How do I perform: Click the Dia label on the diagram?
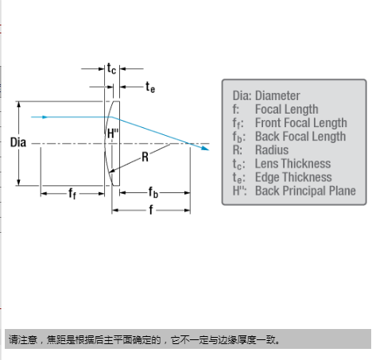[x=18, y=142]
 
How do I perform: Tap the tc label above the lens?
[x=111, y=68]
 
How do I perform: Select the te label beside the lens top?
[x=150, y=87]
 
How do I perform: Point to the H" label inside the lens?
[x=113, y=134]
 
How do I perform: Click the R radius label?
[x=145, y=157]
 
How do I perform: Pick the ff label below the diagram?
[x=72, y=193]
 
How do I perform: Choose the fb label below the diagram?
[x=153, y=192]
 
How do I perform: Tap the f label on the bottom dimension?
[x=151, y=210]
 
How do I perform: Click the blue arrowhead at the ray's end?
[x=205, y=148]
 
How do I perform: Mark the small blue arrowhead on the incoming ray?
[x=45, y=117]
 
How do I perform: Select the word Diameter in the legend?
[x=277, y=95]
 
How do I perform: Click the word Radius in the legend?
[x=272, y=150]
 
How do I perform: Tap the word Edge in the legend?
[x=265, y=177]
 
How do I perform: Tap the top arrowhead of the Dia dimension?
[x=18, y=104]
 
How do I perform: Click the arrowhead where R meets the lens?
[x=112, y=171]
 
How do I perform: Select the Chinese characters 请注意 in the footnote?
[x=23, y=339]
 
